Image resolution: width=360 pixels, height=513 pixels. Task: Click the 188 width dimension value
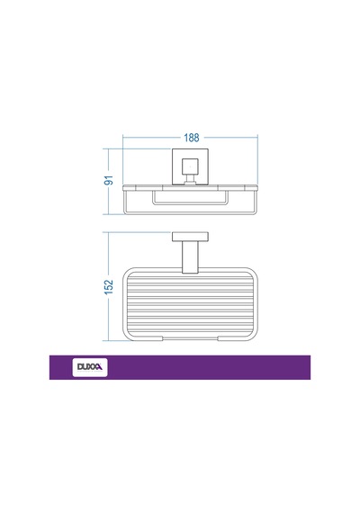(x=192, y=138)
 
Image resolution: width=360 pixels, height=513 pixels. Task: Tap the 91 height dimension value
(x=109, y=180)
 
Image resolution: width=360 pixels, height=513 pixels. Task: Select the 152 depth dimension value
(x=109, y=286)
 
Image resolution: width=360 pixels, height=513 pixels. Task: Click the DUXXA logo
(x=90, y=367)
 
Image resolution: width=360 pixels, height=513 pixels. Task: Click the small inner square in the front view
(x=190, y=166)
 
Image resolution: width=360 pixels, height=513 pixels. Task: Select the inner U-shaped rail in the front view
(x=190, y=203)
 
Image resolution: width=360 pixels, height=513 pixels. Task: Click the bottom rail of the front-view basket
(x=190, y=213)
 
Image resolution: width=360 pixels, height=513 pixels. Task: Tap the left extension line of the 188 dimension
(x=122, y=159)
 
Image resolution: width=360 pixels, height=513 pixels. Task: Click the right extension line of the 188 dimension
(x=257, y=159)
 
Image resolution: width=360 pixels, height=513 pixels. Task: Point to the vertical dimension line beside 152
(x=108, y=286)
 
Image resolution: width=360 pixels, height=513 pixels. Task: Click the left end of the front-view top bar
(x=123, y=188)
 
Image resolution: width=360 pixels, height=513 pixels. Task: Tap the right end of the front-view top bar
(x=257, y=188)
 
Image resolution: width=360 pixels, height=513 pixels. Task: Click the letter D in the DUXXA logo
(x=80, y=367)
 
